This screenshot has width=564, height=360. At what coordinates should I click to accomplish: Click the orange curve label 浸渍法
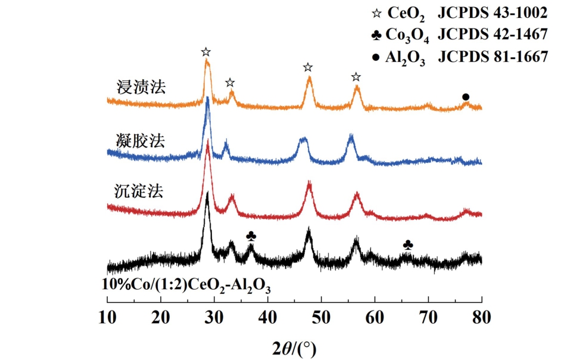(141, 87)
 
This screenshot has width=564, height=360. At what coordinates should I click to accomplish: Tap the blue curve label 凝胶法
(141, 141)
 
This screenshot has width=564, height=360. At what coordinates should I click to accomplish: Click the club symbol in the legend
(376, 35)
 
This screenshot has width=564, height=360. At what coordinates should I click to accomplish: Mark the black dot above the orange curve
(466, 97)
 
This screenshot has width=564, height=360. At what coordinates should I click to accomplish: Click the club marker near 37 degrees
(251, 237)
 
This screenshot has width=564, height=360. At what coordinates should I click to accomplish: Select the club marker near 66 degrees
(408, 244)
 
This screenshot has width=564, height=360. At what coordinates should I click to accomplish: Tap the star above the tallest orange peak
(206, 52)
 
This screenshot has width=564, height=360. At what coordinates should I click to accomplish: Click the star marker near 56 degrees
(356, 77)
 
